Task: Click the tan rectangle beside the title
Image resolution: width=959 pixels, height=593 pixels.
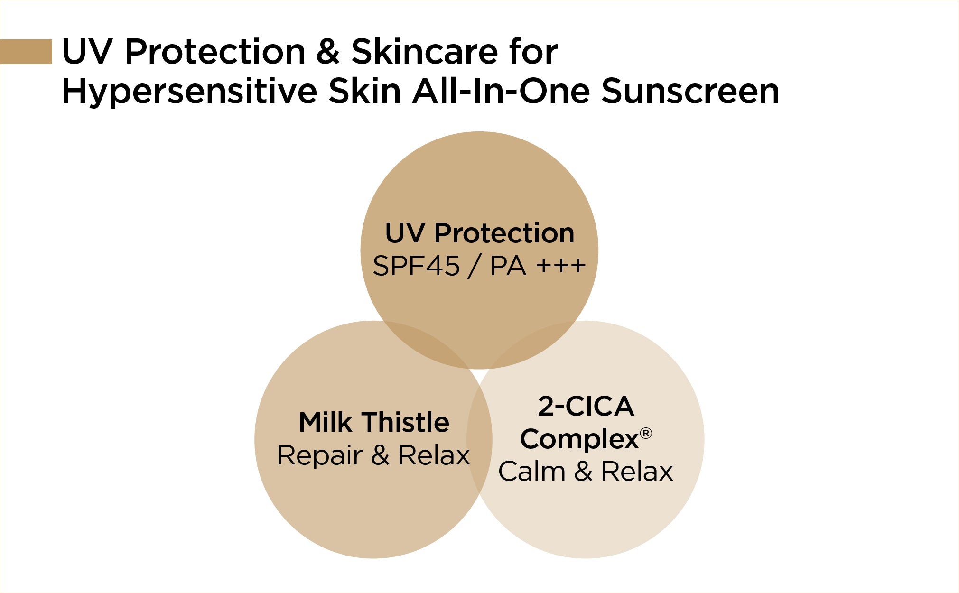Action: [x=26, y=51]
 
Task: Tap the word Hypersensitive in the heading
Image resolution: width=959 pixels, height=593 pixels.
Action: [x=189, y=92]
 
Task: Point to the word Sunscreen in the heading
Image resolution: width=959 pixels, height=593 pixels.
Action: [x=690, y=91]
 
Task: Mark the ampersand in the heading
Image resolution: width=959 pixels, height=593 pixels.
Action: [x=328, y=51]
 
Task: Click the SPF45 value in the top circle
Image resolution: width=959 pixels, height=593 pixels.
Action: [x=416, y=266]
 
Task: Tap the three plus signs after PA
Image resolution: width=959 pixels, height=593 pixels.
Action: [x=560, y=266]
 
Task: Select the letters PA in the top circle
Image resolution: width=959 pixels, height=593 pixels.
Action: [x=508, y=266]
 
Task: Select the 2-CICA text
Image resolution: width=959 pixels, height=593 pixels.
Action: [x=586, y=407]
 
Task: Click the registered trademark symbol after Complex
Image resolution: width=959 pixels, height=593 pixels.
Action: [x=646, y=433]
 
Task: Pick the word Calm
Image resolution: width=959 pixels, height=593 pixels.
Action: [x=531, y=472]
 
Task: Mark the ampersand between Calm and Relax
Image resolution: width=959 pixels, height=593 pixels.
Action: [x=583, y=472]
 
